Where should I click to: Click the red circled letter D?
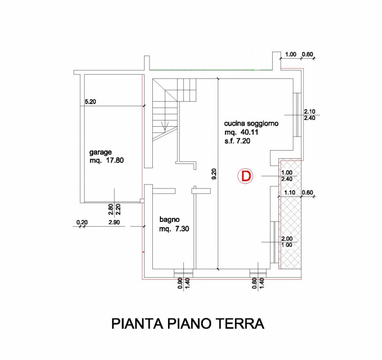tap(245, 176)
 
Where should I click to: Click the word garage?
tap(100, 153)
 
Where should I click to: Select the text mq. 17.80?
tap(106, 161)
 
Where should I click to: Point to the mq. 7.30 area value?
tap(174, 229)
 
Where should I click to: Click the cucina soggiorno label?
tap(251, 123)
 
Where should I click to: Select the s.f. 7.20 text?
tap(237, 141)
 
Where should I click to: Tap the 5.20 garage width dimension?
tap(90, 102)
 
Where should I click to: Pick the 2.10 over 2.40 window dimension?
tap(309, 115)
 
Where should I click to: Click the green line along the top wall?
tap(210, 70)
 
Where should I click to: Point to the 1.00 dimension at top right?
tap(290, 55)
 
